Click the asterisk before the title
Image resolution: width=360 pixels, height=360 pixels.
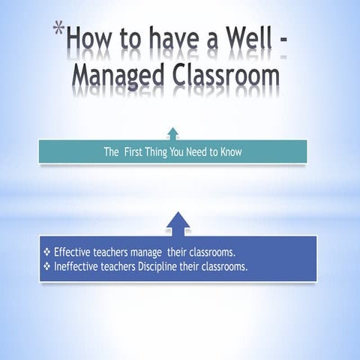(x=58, y=31)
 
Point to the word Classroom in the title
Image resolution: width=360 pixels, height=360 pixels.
(x=229, y=77)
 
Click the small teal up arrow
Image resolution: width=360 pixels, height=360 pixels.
(x=173, y=133)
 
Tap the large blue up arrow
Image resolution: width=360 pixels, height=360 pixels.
(x=177, y=223)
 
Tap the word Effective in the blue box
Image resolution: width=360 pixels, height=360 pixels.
(x=73, y=253)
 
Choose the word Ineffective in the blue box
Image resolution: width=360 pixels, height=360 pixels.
(x=77, y=266)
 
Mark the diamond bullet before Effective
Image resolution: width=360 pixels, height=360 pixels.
(x=47, y=253)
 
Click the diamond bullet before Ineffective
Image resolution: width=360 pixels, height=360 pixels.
(x=47, y=266)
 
